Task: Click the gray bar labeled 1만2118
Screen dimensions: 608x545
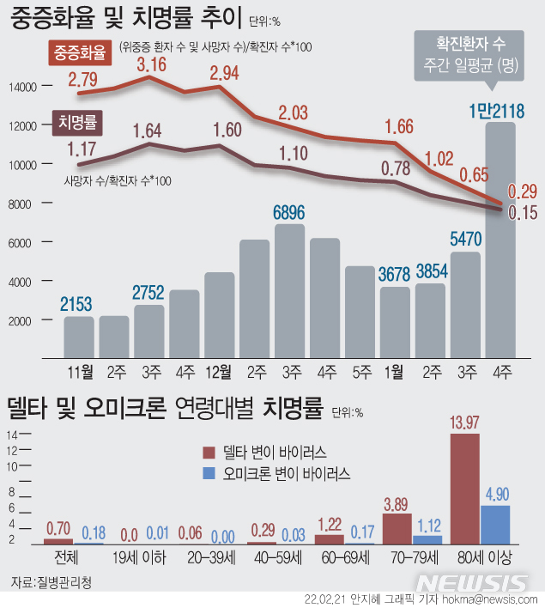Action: point(501,240)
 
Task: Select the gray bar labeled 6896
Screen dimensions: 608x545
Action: point(290,292)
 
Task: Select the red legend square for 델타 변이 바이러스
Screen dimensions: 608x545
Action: point(207,452)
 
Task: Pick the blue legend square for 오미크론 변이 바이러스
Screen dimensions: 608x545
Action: point(207,473)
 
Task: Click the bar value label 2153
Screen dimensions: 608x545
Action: point(79,304)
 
